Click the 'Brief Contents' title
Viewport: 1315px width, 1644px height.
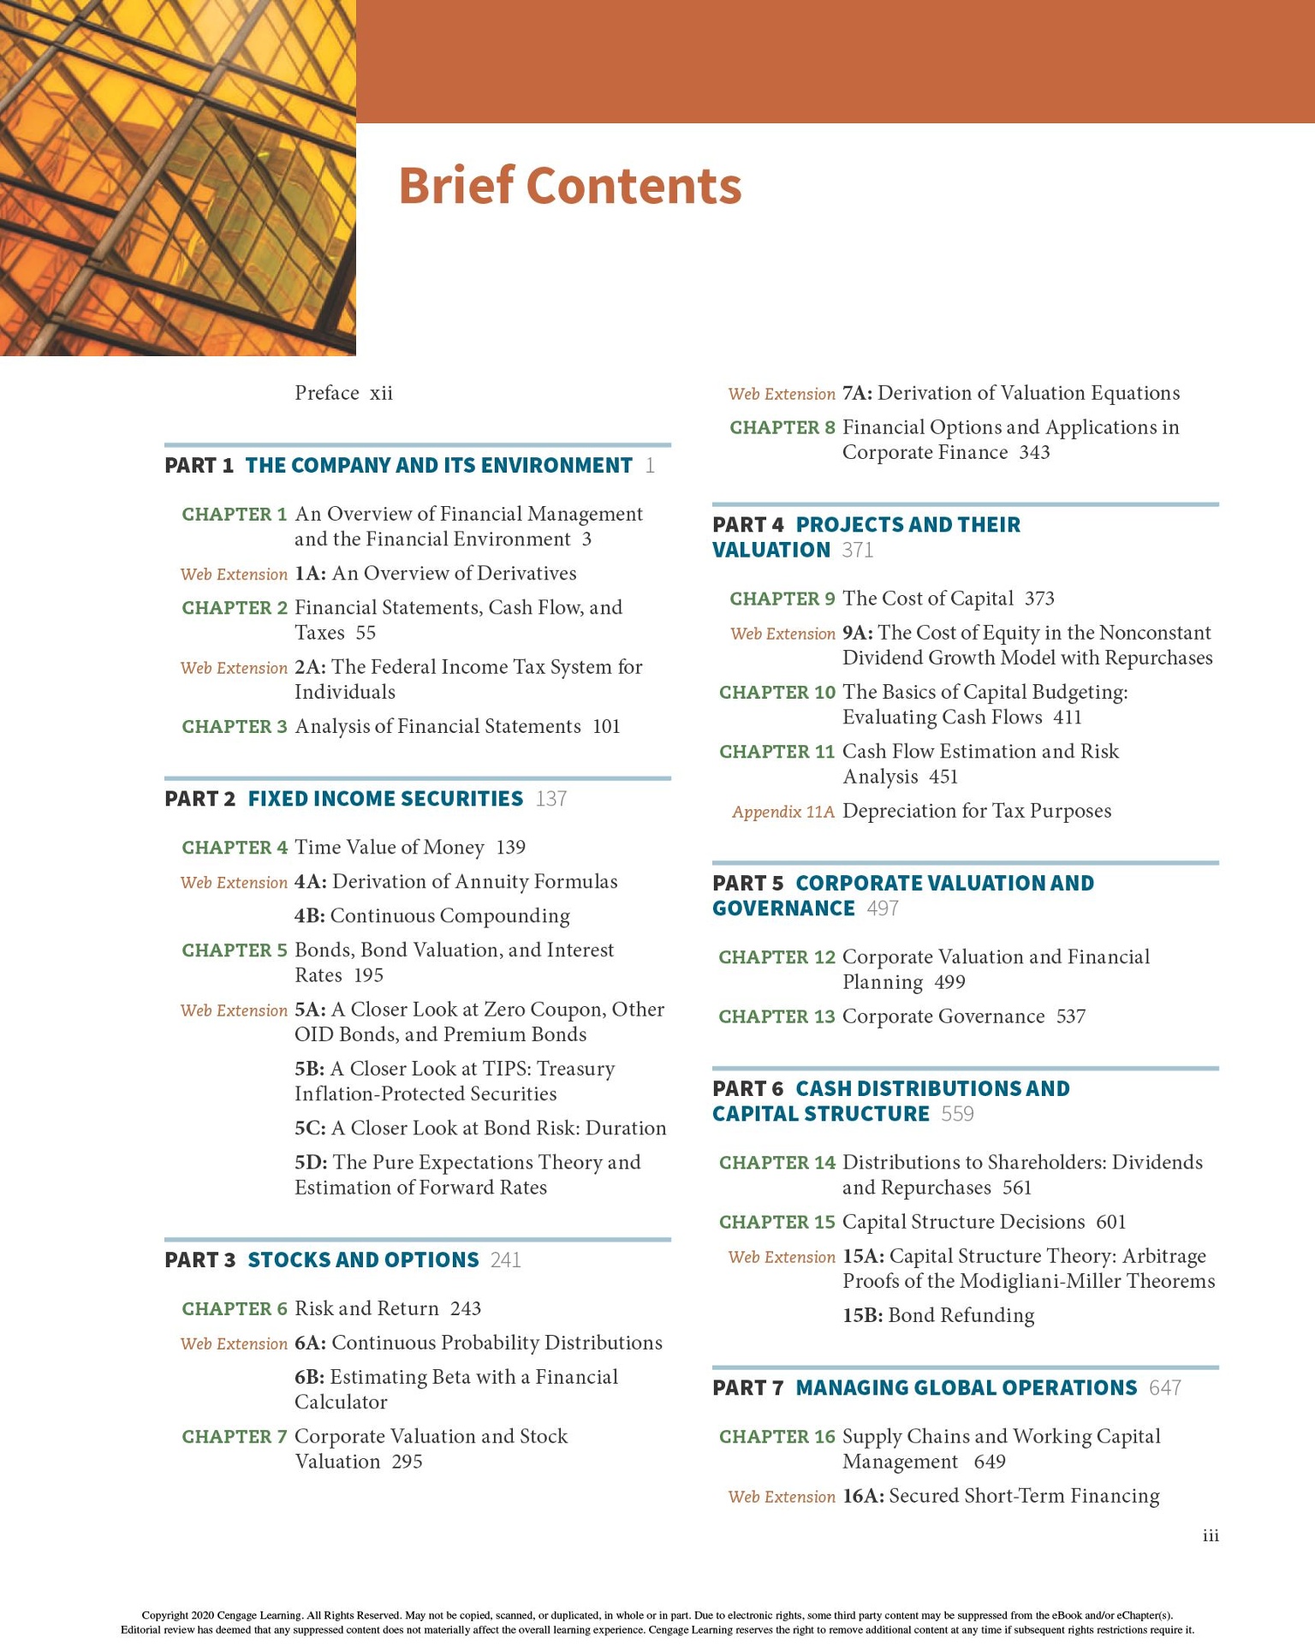569,186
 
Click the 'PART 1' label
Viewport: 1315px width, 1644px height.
199,466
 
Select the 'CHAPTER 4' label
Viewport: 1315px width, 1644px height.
235,848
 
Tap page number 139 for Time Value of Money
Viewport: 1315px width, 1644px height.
511,848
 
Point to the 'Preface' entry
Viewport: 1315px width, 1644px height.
327,393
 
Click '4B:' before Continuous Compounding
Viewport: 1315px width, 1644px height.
309,916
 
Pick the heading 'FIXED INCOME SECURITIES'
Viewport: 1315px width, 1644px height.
385,799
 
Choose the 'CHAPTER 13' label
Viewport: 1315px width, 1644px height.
777,1017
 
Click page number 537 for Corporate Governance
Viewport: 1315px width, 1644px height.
1071,1017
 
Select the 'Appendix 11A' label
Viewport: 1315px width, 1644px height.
782,812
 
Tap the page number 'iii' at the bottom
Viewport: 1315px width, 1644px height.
1211,1536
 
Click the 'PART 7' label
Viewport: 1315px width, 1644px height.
747,1388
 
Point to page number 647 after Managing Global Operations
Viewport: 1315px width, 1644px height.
1165,1388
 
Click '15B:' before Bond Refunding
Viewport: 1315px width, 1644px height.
862,1316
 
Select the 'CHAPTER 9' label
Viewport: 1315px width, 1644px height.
782,599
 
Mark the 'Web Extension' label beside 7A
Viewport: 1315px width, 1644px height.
782,394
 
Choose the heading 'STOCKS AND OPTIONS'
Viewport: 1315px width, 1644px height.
363,1260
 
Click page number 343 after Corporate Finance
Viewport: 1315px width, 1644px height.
1034,453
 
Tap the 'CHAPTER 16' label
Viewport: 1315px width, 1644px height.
777,1437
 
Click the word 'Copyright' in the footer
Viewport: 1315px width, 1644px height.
164,1616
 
